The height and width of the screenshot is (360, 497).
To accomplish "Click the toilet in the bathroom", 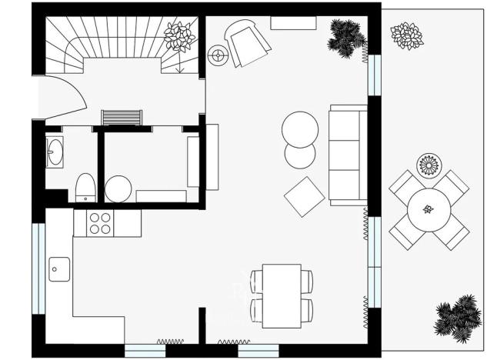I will coord(85,187).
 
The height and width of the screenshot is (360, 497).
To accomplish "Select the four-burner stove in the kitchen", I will coord(101,223).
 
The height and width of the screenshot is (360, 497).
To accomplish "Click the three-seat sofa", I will coord(346,154).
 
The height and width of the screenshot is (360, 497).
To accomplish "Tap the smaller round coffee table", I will coord(300,155).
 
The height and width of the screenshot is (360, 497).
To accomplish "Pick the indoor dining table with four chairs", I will coord(281,295).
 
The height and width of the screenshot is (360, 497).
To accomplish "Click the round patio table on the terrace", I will coord(429,208).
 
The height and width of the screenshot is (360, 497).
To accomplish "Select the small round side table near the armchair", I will coord(219,55).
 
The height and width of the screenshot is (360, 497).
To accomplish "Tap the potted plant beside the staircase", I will coord(180,35).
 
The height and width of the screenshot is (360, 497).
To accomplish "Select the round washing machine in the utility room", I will coord(118,188).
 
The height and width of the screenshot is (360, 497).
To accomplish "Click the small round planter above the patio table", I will coord(428,164).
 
